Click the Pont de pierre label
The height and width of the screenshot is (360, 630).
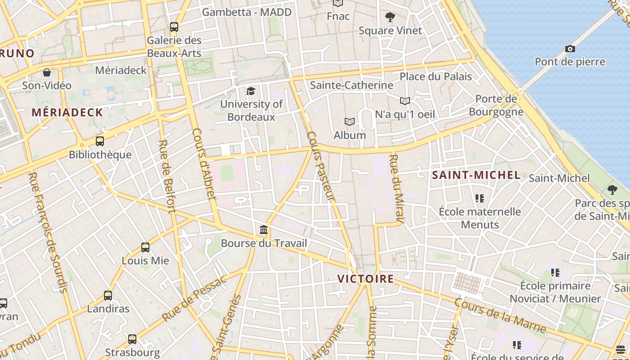(570, 62)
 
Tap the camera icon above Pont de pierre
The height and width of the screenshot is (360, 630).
(570, 49)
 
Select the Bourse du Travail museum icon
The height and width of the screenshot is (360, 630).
(264, 230)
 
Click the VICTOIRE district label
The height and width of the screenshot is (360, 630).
(365, 279)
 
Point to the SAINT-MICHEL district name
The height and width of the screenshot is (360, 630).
(476, 175)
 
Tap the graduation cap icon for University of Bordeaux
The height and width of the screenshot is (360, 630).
(251, 91)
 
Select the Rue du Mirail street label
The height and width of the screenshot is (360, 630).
(396, 188)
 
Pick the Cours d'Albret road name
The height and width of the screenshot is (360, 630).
(204, 164)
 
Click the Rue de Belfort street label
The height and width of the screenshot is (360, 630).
(166, 176)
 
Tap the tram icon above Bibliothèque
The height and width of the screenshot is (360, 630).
(100, 141)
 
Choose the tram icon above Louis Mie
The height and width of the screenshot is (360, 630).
(145, 247)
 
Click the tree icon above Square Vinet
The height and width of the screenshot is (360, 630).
(390, 18)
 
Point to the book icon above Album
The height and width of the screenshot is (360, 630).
(350, 121)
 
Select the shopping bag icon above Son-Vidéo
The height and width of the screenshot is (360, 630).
(47, 72)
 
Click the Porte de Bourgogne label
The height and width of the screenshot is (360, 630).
(496, 105)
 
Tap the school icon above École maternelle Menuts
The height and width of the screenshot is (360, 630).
(479, 198)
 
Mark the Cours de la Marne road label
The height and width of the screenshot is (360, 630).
(499, 315)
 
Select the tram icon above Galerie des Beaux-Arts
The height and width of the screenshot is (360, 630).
(174, 27)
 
